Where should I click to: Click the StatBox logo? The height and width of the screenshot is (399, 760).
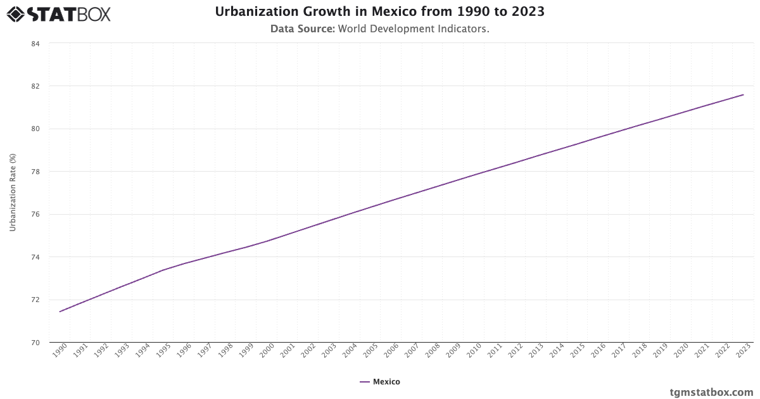(58, 13)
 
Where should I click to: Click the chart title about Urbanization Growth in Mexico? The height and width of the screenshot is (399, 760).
(379, 11)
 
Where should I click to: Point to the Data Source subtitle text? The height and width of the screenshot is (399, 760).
(379, 28)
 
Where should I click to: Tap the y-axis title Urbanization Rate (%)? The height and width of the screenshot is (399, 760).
(13, 192)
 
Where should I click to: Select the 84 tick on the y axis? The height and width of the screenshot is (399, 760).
(35, 44)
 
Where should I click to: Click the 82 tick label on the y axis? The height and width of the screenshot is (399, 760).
(35, 86)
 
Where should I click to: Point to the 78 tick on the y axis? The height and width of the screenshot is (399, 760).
(35, 172)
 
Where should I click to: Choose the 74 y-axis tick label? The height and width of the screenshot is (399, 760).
(35, 257)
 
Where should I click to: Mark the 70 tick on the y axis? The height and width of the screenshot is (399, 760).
(35, 343)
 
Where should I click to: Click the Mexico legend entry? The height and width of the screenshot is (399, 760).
(380, 382)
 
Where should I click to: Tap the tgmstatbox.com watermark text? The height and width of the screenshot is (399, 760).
(711, 392)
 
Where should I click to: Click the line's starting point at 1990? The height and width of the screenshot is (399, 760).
(60, 312)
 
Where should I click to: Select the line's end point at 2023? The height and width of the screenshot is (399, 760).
(743, 95)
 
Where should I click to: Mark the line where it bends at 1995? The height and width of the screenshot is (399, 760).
(163, 270)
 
